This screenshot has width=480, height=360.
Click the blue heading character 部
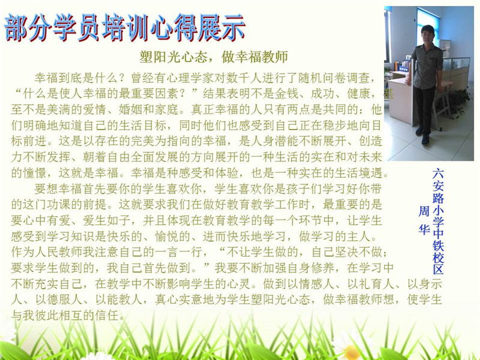[17, 28]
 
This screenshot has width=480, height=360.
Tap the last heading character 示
[232, 28]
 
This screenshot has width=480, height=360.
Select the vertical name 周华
[424, 220]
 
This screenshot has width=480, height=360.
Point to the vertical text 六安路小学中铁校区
[438, 221]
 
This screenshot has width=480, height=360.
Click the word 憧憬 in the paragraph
[35, 173]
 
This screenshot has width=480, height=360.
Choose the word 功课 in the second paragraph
[59, 205]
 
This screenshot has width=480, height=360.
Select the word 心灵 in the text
[238, 284]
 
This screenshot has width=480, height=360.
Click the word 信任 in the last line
[107, 316]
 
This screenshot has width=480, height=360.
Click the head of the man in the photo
[427, 34]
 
